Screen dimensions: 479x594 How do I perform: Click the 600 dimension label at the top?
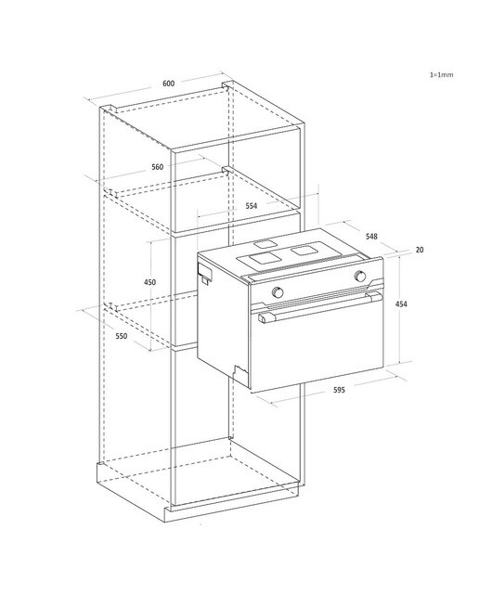click(x=168, y=84)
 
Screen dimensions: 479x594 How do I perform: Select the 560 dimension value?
click(x=157, y=167)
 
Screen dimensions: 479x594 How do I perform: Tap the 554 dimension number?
click(x=251, y=206)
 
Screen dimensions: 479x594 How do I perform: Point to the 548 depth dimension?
click(x=371, y=237)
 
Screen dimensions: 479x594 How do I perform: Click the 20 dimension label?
click(x=420, y=250)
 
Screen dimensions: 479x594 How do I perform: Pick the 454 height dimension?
click(x=401, y=303)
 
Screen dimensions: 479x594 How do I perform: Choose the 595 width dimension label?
click(x=339, y=390)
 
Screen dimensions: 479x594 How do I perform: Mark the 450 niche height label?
click(x=149, y=282)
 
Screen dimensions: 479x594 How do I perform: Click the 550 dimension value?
click(x=122, y=336)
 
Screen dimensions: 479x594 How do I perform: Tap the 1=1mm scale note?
click(x=441, y=74)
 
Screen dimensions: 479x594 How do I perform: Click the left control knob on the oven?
click(x=278, y=292)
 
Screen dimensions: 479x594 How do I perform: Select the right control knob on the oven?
click(x=359, y=277)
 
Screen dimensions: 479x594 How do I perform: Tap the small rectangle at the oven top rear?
click(x=265, y=244)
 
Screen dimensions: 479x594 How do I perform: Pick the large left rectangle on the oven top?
click(x=259, y=260)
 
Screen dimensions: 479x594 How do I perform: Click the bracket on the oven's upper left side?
click(x=204, y=272)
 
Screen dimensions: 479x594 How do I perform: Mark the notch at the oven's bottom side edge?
click(x=240, y=372)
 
